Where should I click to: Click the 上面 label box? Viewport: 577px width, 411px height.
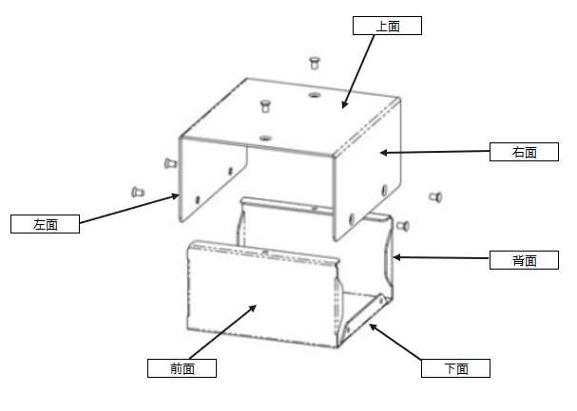(387, 26)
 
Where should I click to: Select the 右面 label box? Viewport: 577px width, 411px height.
(524, 152)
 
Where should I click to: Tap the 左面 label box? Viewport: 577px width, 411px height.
(45, 224)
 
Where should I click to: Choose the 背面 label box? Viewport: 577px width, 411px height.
(524, 260)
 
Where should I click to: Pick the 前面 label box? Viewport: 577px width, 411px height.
(182, 368)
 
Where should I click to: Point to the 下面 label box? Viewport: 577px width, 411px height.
(455, 368)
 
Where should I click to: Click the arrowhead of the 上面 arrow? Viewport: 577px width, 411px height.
(344, 105)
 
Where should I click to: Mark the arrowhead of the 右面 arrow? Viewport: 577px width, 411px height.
(383, 153)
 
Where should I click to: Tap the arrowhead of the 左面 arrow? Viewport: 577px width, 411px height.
(177, 196)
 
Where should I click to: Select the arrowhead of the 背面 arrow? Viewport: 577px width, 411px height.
(396, 257)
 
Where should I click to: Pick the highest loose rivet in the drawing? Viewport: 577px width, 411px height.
(314, 63)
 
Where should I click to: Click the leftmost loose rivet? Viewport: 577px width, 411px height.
(138, 192)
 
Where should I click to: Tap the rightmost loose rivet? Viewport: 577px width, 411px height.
(436, 197)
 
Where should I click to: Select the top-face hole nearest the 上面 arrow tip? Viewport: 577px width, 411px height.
(314, 95)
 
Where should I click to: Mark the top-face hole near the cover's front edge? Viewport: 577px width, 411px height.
(265, 139)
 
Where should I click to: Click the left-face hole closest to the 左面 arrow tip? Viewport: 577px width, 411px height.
(198, 200)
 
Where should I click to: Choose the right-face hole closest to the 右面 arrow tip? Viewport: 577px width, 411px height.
(385, 190)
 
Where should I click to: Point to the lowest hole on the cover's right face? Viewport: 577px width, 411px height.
(352, 219)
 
